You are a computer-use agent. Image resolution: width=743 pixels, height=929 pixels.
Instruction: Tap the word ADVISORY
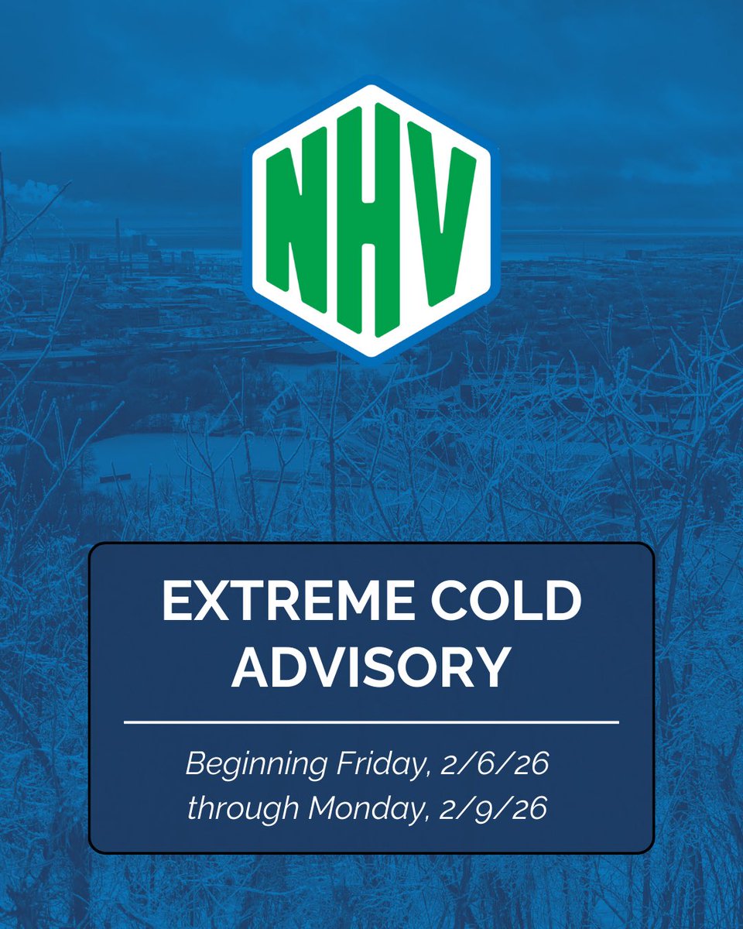[371, 668]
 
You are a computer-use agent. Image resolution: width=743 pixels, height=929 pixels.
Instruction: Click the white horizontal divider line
[371, 722]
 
